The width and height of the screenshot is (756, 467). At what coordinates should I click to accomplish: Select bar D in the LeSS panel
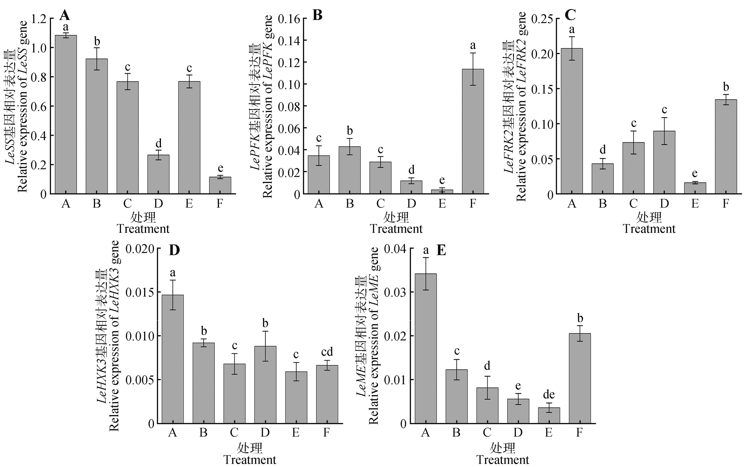tap(158, 174)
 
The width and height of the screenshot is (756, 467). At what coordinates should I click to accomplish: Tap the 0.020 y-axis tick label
tap(140, 249)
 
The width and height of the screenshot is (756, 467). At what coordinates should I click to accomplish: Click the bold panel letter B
tap(317, 15)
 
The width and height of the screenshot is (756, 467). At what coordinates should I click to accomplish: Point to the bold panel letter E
tap(441, 250)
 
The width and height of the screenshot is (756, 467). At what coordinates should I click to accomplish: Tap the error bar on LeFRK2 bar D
tap(664, 131)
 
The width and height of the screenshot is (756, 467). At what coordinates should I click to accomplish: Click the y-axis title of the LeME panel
tap(368, 336)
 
